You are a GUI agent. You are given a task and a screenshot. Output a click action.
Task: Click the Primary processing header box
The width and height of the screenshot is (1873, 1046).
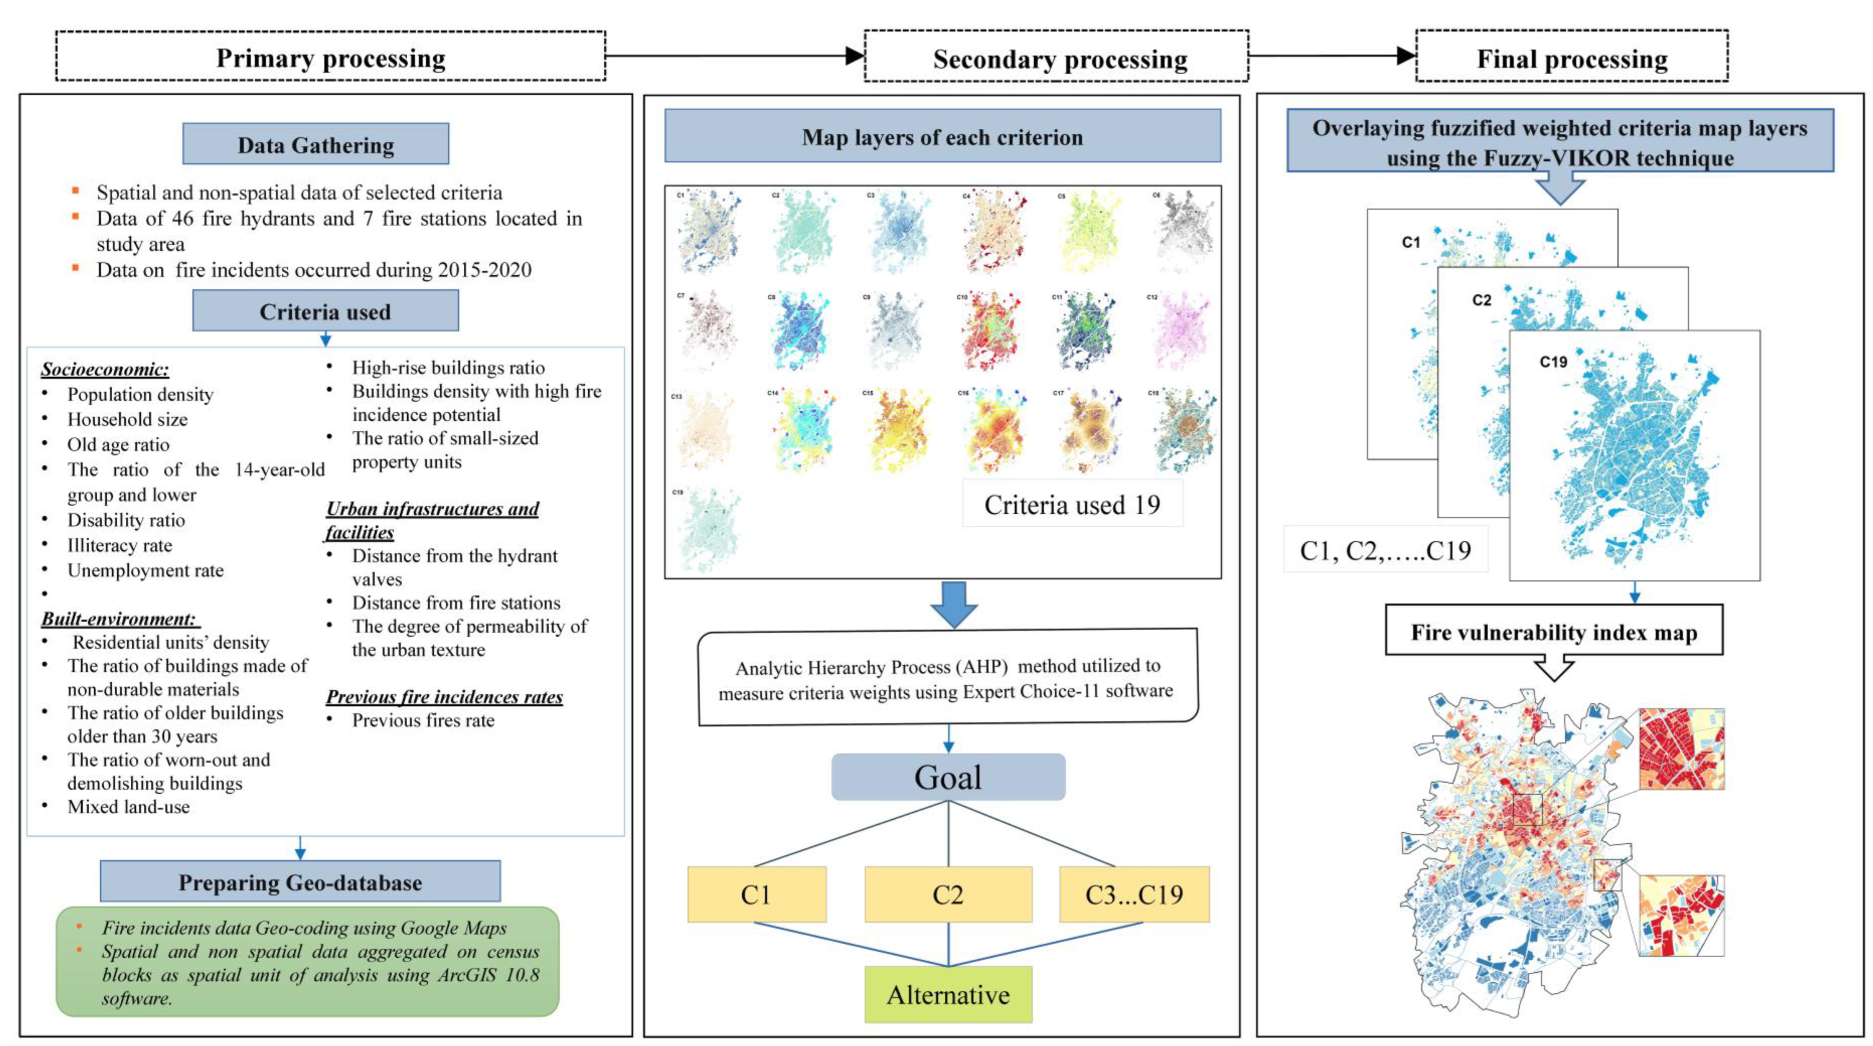click(331, 57)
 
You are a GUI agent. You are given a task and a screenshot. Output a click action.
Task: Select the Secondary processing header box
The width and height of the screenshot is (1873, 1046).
click(1056, 57)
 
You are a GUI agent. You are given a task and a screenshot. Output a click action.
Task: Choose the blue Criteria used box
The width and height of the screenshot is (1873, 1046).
click(325, 311)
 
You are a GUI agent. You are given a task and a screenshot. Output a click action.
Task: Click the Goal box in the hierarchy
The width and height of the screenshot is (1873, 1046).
click(948, 777)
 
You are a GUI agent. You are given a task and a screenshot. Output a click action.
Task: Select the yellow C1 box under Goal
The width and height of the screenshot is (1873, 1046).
click(756, 894)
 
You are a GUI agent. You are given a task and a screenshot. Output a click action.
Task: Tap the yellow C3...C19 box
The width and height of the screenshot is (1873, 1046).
click(1133, 894)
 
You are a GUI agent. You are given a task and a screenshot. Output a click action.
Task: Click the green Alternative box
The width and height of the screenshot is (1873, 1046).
click(948, 994)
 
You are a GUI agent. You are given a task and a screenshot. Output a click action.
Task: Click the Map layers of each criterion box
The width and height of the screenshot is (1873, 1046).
click(942, 136)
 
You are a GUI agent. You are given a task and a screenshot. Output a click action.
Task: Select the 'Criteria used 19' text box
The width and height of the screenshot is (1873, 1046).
click(1072, 503)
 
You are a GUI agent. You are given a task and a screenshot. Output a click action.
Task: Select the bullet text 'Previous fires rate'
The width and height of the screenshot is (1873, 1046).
click(423, 720)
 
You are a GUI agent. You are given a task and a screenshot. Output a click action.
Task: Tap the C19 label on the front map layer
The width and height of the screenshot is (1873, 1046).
click(1553, 362)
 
